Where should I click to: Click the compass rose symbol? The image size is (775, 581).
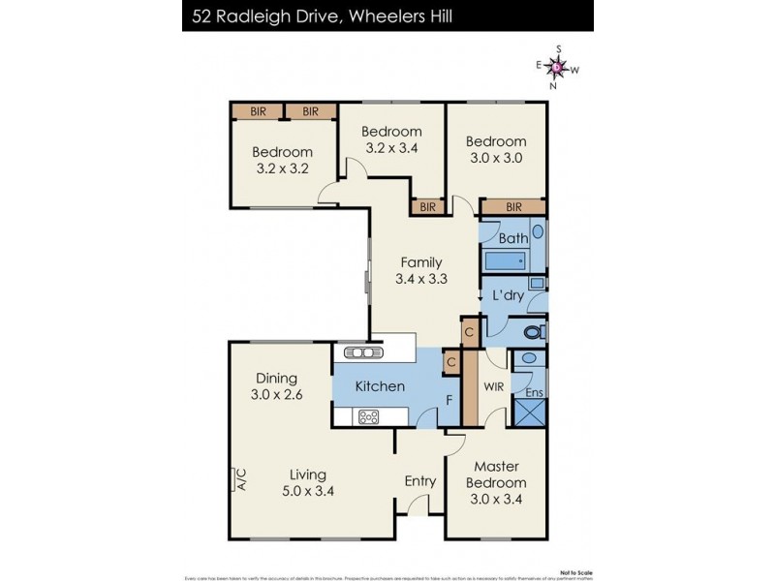click(x=558, y=67)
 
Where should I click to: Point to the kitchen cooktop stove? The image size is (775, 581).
click(x=370, y=417)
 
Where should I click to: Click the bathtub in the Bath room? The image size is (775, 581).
click(x=504, y=260)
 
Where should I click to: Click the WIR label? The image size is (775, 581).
click(x=494, y=386)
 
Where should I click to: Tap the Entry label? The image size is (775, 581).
click(x=420, y=481)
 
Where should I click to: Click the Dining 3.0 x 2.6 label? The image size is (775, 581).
click(x=276, y=386)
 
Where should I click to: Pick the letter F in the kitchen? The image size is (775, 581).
click(x=449, y=399)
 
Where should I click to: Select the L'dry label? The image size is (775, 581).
click(x=508, y=294)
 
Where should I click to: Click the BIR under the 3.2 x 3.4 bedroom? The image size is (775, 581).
click(x=427, y=207)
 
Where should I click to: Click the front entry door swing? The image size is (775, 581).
click(x=418, y=506)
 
